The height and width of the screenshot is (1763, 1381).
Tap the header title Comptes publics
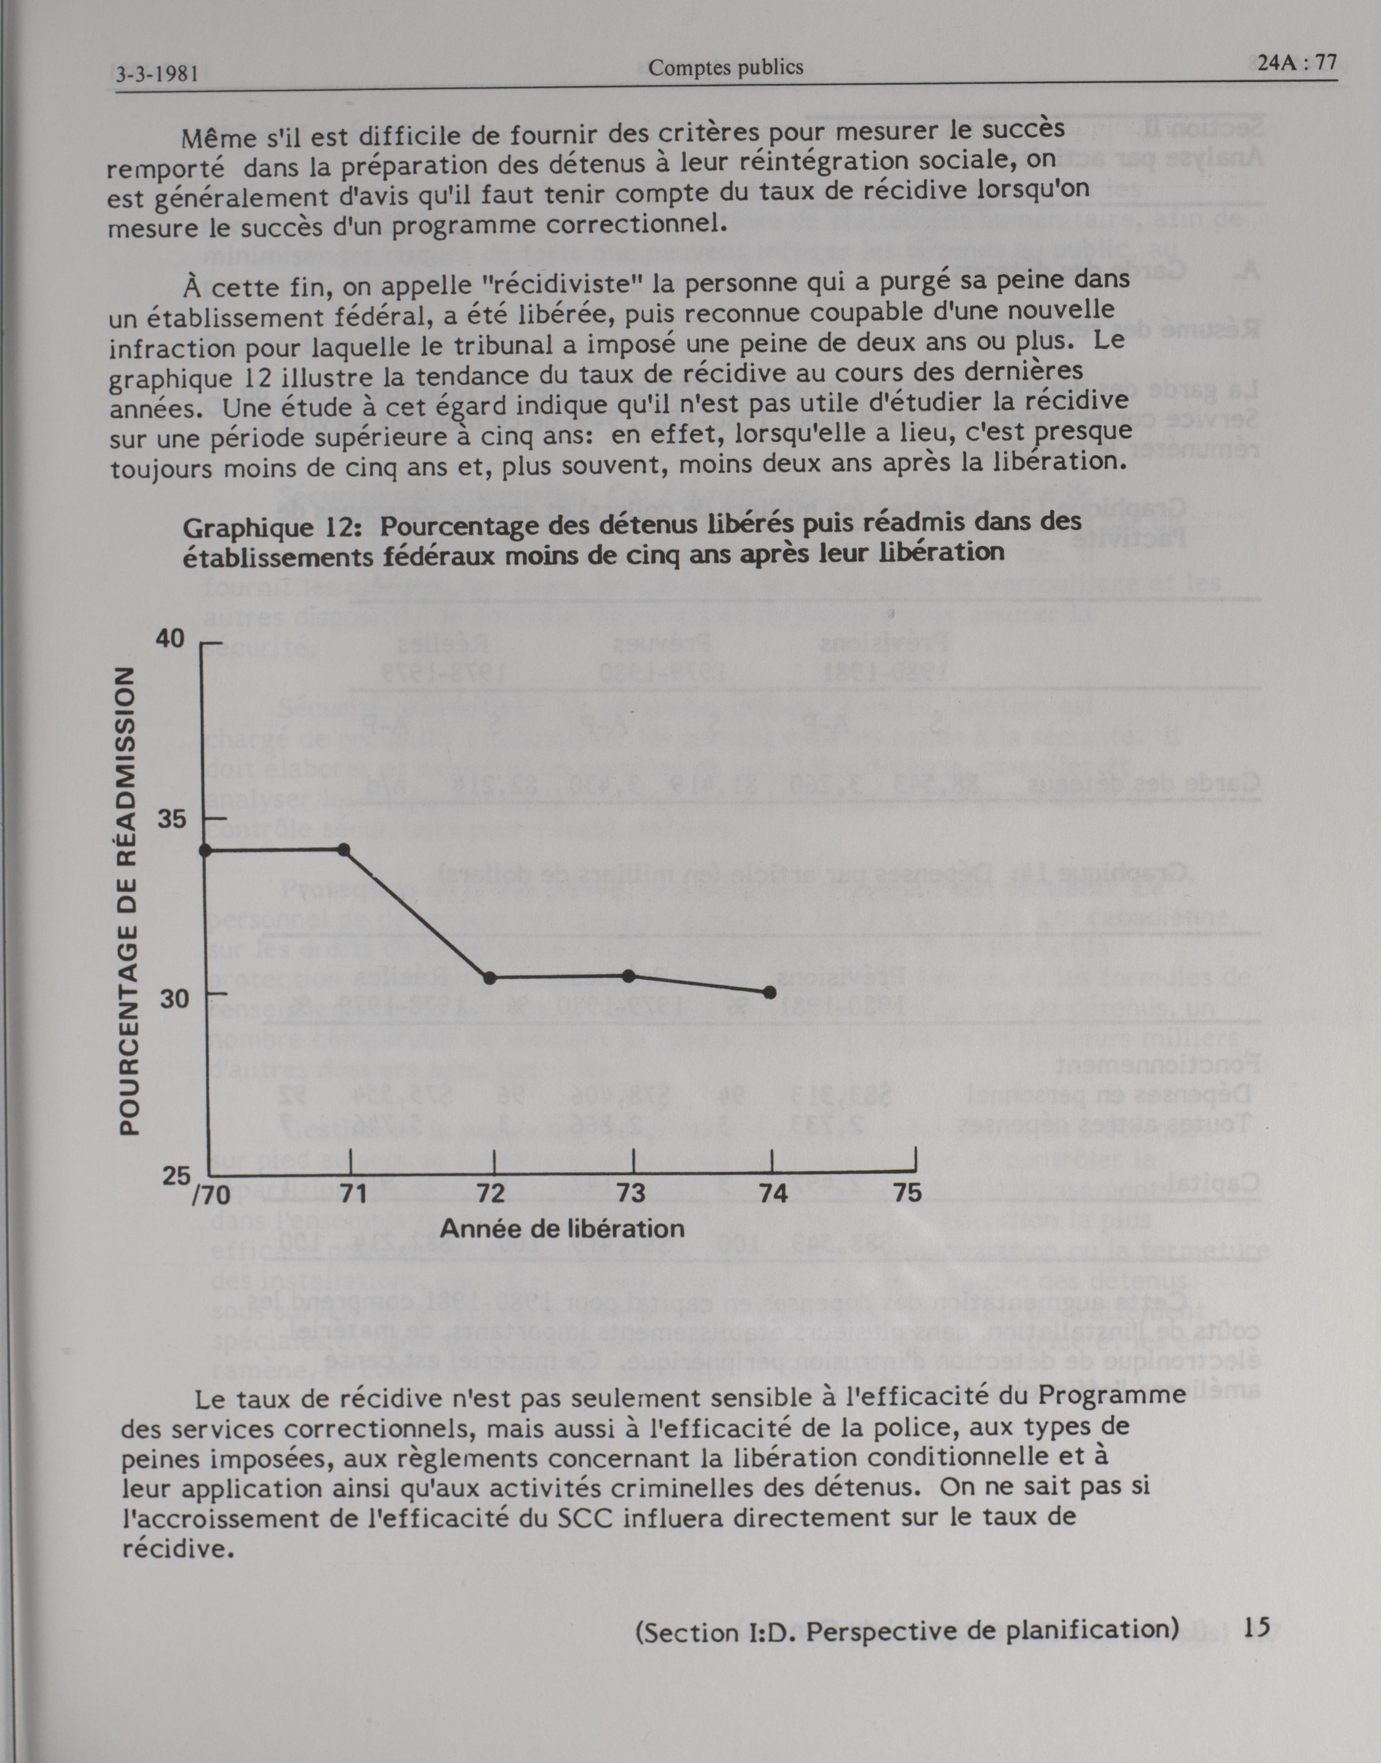(x=725, y=68)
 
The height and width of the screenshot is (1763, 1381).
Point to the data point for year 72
(x=489, y=978)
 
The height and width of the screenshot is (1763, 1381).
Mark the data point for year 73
(x=630, y=976)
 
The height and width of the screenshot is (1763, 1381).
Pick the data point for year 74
(x=770, y=992)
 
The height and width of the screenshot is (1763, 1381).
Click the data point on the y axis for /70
(x=205, y=850)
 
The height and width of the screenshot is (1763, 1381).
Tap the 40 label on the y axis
(x=171, y=639)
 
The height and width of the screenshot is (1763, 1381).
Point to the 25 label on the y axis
(x=175, y=1176)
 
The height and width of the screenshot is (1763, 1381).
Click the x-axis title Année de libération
(x=562, y=1229)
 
